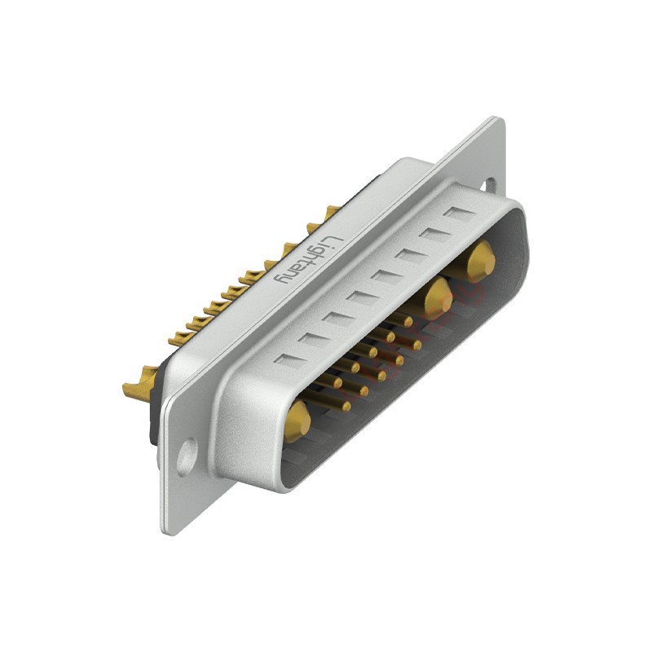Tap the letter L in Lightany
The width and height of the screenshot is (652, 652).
tap(336, 242)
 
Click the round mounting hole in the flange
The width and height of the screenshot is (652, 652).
tap(187, 457)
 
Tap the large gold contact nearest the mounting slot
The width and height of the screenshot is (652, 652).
tap(481, 262)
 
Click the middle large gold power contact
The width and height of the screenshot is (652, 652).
tap(438, 298)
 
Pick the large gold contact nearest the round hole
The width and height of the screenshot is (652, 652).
tap(297, 421)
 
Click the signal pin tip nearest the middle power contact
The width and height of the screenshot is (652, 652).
tap(408, 321)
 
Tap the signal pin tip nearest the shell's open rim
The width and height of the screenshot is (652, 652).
tap(346, 406)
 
